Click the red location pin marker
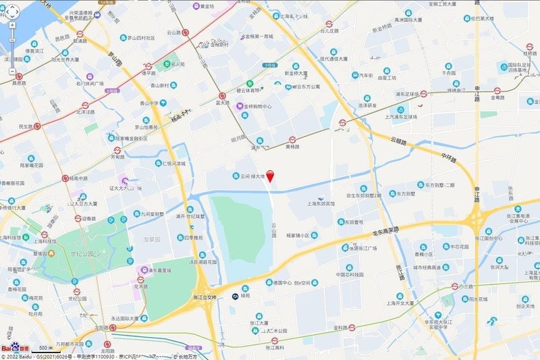coord(271,176)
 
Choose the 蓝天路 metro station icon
coord(222,96)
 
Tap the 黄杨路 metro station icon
coord(292,140)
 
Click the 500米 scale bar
coord(45,347)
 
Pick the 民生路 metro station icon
coord(38,126)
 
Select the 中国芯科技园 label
coord(350,274)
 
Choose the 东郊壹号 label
coord(351,222)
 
